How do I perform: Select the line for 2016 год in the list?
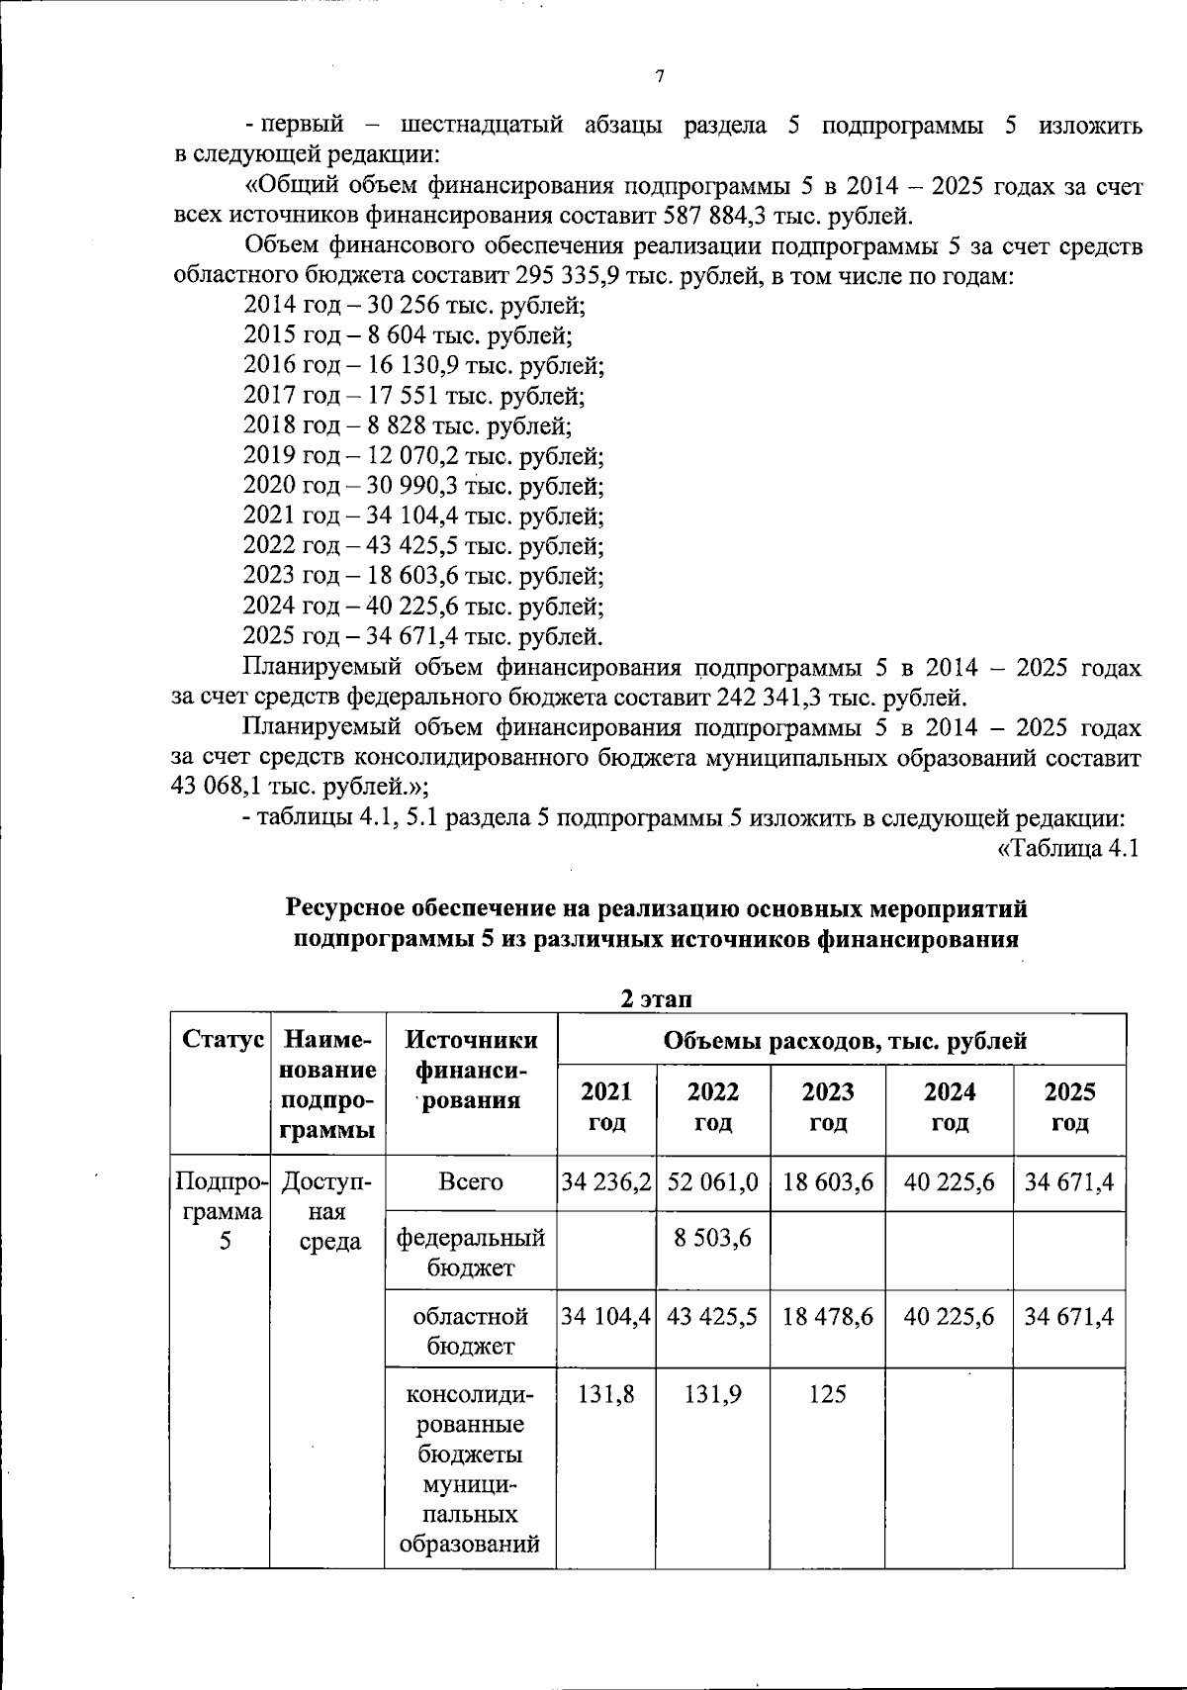pos(424,365)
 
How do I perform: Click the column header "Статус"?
pos(223,1040)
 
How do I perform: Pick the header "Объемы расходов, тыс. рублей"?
pos(844,1040)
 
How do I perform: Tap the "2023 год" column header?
pos(827,1106)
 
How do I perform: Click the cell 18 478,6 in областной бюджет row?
pos(827,1317)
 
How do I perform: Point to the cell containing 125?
pos(827,1394)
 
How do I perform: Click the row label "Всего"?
pos(471,1182)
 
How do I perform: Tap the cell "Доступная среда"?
pos(328,1211)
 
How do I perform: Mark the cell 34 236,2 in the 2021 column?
pos(606,1182)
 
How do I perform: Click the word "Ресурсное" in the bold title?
pos(343,908)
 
